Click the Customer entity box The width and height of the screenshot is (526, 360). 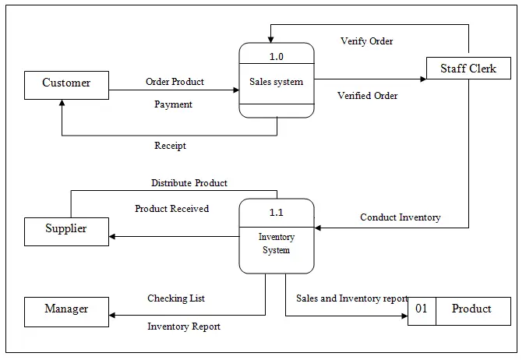click(66, 85)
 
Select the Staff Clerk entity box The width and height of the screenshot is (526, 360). click(468, 68)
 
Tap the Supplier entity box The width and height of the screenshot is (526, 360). click(66, 232)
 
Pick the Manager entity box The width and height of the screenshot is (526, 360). click(66, 312)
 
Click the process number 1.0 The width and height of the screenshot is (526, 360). click(277, 56)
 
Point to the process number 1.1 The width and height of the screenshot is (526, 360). click(277, 213)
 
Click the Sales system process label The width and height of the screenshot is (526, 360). click(277, 82)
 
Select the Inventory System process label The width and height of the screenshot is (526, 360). click(277, 244)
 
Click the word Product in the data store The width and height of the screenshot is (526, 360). click(471, 309)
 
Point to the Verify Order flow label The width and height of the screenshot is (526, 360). click(367, 41)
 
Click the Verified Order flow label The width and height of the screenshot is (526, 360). click(367, 96)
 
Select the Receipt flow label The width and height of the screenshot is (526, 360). click(170, 146)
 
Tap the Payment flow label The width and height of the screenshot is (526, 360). click(173, 104)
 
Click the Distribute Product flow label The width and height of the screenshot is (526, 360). click(189, 183)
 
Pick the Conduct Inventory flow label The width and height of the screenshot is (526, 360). click(401, 217)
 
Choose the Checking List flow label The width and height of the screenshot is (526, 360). click(176, 298)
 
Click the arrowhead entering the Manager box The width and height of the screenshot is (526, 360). click(112, 315)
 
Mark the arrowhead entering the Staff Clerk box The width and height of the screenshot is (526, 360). click(423, 79)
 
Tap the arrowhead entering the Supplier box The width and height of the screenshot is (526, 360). click(112, 237)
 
